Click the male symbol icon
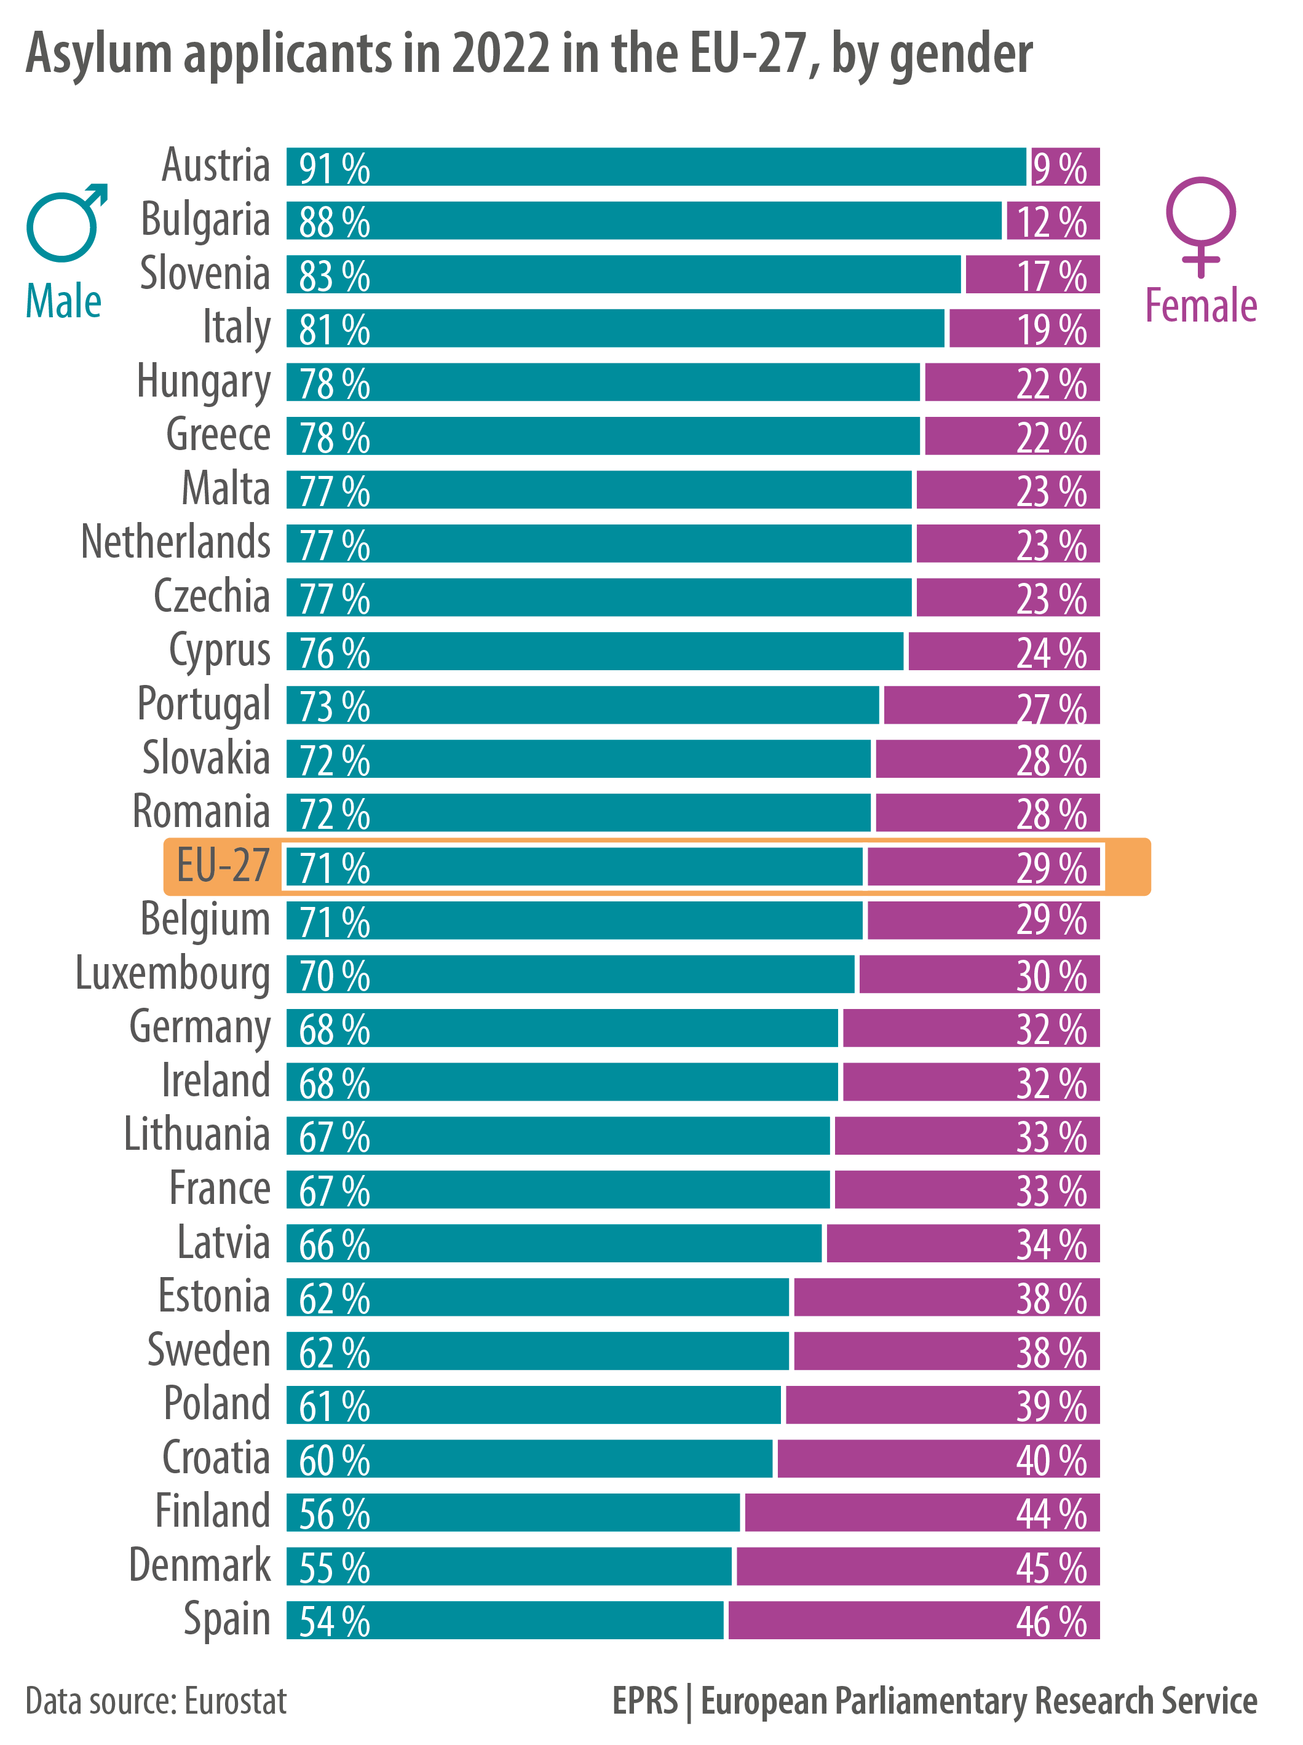[65, 223]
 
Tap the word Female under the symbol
[1200, 306]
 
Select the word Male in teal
[63, 301]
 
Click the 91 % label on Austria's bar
[334, 168]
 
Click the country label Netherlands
[175, 542]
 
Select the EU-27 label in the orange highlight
[223, 866]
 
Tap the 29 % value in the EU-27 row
[1051, 868]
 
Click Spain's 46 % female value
[1051, 1622]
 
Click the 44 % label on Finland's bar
[1051, 1514]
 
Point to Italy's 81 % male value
[334, 330]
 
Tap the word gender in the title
[960, 55]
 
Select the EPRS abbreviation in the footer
[644, 1701]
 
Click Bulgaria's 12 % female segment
[1052, 221]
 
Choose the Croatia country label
[215, 1458]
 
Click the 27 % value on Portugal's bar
[1051, 707]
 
